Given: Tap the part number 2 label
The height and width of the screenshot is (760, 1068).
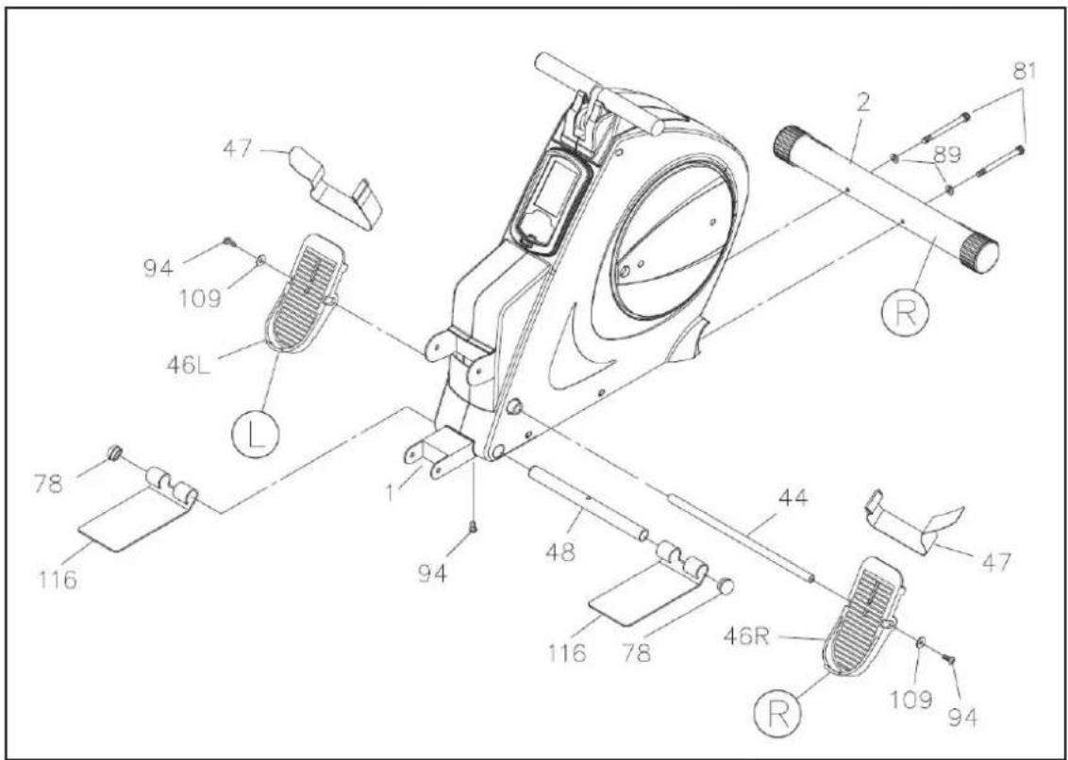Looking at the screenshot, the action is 864,103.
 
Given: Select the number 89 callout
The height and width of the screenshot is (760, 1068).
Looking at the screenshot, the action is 945,156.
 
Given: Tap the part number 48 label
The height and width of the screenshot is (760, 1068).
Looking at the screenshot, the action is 560,553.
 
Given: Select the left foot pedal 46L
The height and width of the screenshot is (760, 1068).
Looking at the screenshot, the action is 305,293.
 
